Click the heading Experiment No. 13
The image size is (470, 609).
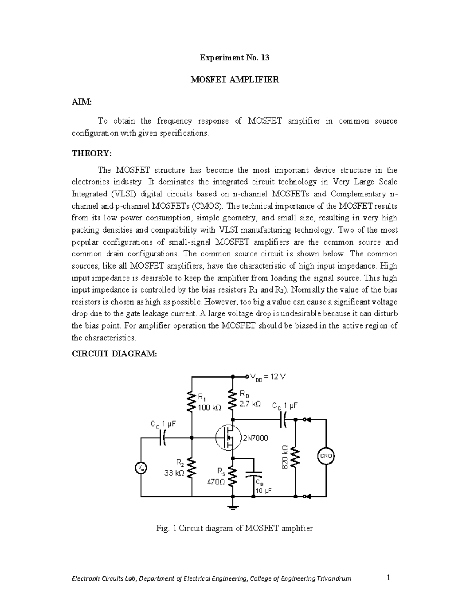coord(235,58)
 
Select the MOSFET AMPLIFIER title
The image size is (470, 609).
coord(235,80)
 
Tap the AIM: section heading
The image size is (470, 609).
coord(81,102)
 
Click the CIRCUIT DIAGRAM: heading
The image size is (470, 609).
coord(114,354)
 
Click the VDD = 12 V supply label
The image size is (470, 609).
coord(268,377)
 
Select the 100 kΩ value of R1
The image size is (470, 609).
coord(209,408)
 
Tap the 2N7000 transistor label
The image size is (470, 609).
coord(255,438)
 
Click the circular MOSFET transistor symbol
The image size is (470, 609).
coord(228,438)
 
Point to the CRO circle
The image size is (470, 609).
coord(326,456)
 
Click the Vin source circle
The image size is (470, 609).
coord(141,467)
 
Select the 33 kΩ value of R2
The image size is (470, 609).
coord(174,473)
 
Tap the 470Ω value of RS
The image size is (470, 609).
coord(216,482)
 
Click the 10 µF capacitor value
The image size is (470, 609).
coord(263,491)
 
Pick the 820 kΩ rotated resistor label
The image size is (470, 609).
coord(285,457)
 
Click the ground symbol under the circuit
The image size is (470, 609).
coord(233,508)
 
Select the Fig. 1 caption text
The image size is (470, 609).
coord(235,528)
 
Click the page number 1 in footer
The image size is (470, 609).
coord(388,578)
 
